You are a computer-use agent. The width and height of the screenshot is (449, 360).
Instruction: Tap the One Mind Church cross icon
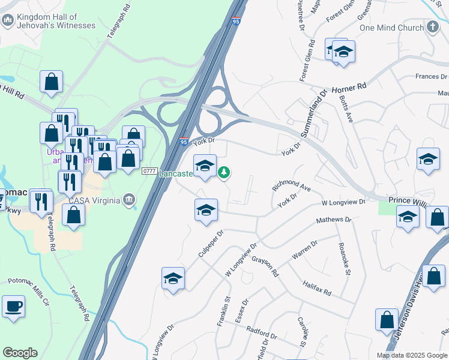[433, 27]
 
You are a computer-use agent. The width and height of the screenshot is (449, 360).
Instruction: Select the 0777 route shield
[149, 172]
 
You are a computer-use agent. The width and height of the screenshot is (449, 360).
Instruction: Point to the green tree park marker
[224, 173]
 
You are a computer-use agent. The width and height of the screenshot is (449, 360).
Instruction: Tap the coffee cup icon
[13, 307]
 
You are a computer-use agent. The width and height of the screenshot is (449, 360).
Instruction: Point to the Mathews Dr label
[334, 220]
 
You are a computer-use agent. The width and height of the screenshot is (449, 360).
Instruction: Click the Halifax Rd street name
[317, 289]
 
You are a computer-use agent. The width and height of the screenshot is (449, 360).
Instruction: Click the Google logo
[20, 353]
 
